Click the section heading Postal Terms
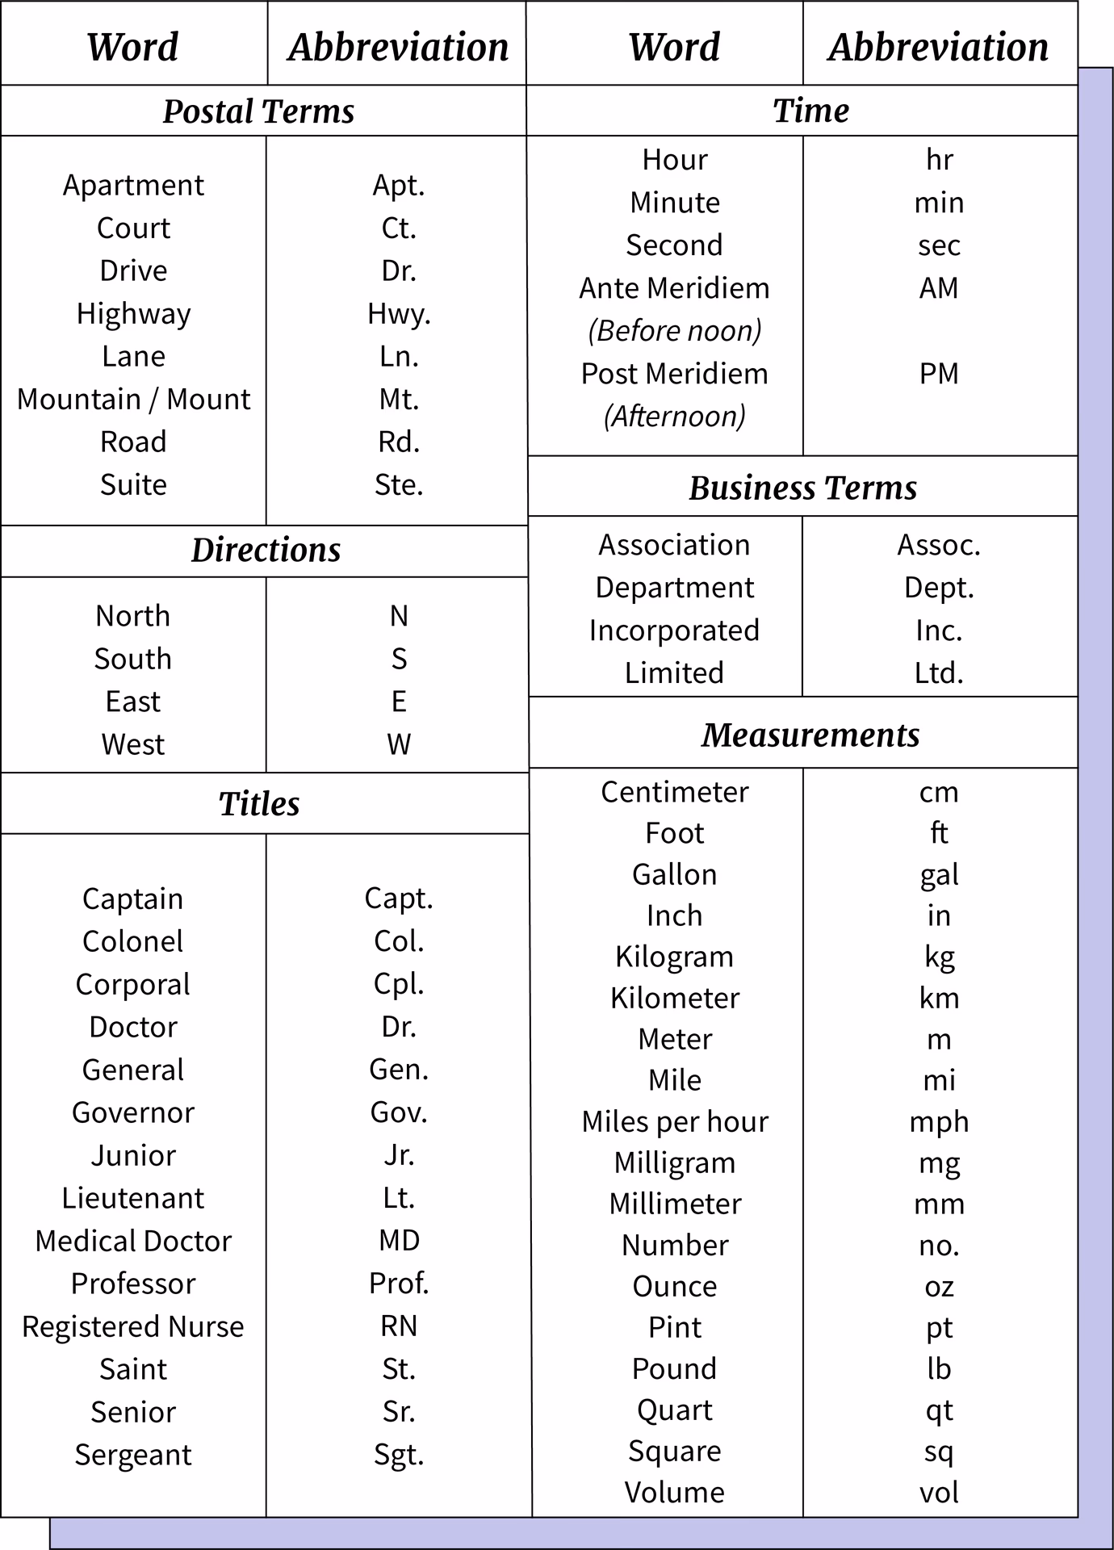click(258, 111)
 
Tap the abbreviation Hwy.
click(399, 313)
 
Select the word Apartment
click(133, 185)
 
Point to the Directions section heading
click(266, 551)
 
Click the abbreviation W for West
click(399, 744)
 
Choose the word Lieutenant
click(133, 1198)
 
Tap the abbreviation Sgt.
click(399, 1455)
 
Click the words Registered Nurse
click(133, 1326)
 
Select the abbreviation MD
click(399, 1241)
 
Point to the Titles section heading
click(259, 804)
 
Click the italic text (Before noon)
click(674, 331)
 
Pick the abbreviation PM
click(939, 374)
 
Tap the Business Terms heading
click(802, 488)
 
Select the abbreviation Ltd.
click(939, 673)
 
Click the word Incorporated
click(674, 630)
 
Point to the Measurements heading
click(810, 735)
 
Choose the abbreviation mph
click(939, 1122)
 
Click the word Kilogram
click(674, 957)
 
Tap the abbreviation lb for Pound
click(939, 1369)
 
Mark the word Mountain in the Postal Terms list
click(79, 400)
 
